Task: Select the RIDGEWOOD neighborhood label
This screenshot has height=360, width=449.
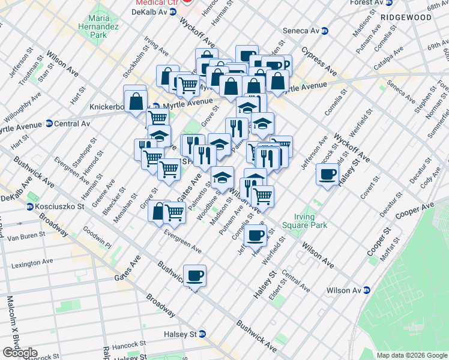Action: tap(409, 17)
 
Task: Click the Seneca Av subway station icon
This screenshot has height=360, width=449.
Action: tap(325, 31)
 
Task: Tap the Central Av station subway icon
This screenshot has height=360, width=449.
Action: tap(49, 124)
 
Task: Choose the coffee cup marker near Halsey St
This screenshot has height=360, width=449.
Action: tap(327, 174)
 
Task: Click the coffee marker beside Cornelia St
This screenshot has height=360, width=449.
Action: tap(255, 234)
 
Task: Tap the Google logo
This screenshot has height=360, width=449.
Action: tap(19, 353)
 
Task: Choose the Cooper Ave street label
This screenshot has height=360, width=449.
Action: tap(414, 211)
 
